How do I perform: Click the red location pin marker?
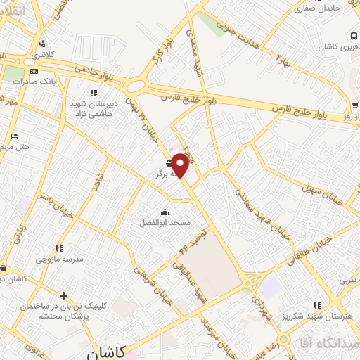[180, 165]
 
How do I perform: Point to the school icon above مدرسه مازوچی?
[59, 248]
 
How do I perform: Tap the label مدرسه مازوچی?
[60, 258]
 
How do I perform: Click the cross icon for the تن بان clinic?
[64, 296]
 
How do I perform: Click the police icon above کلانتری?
[43, 43]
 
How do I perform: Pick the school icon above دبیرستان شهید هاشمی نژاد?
[92, 93]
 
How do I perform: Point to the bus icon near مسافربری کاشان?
[352, 36]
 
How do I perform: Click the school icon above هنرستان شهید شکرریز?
[317, 305]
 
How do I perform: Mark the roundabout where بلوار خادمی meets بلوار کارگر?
[135, 86]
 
